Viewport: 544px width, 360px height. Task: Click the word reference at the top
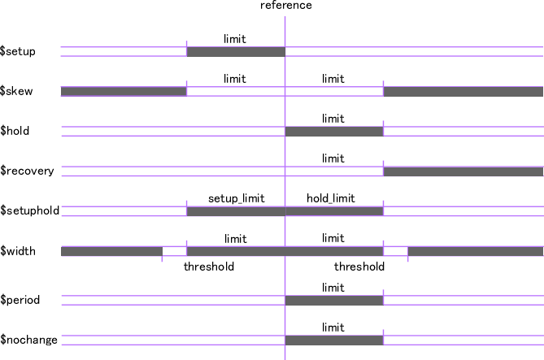click(x=285, y=6)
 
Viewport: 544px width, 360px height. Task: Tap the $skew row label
click(x=17, y=91)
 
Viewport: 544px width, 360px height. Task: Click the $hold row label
click(x=16, y=130)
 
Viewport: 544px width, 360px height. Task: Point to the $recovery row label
click(x=27, y=171)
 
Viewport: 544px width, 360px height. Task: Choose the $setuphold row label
click(x=28, y=210)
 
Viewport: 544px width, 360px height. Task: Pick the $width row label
click(x=18, y=251)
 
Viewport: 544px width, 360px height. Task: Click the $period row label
click(x=20, y=300)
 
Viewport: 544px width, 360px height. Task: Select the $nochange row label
click(x=28, y=340)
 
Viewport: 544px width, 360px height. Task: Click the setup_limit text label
click(x=236, y=198)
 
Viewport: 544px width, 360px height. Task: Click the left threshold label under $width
click(x=209, y=267)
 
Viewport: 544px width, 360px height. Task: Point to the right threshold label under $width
click(x=359, y=267)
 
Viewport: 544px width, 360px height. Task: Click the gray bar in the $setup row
click(x=236, y=52)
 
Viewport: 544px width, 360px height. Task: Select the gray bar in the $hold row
click(x=333, y=131)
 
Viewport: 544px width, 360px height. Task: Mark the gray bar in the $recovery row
click(x=463, y=171)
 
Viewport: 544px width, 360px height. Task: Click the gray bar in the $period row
click(x=333, y=300)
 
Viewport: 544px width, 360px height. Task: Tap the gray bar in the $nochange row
click(x=333, y=340)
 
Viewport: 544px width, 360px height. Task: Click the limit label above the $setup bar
click(x=235, y=38)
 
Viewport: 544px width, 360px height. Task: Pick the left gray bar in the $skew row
click(x=124, y=91)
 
